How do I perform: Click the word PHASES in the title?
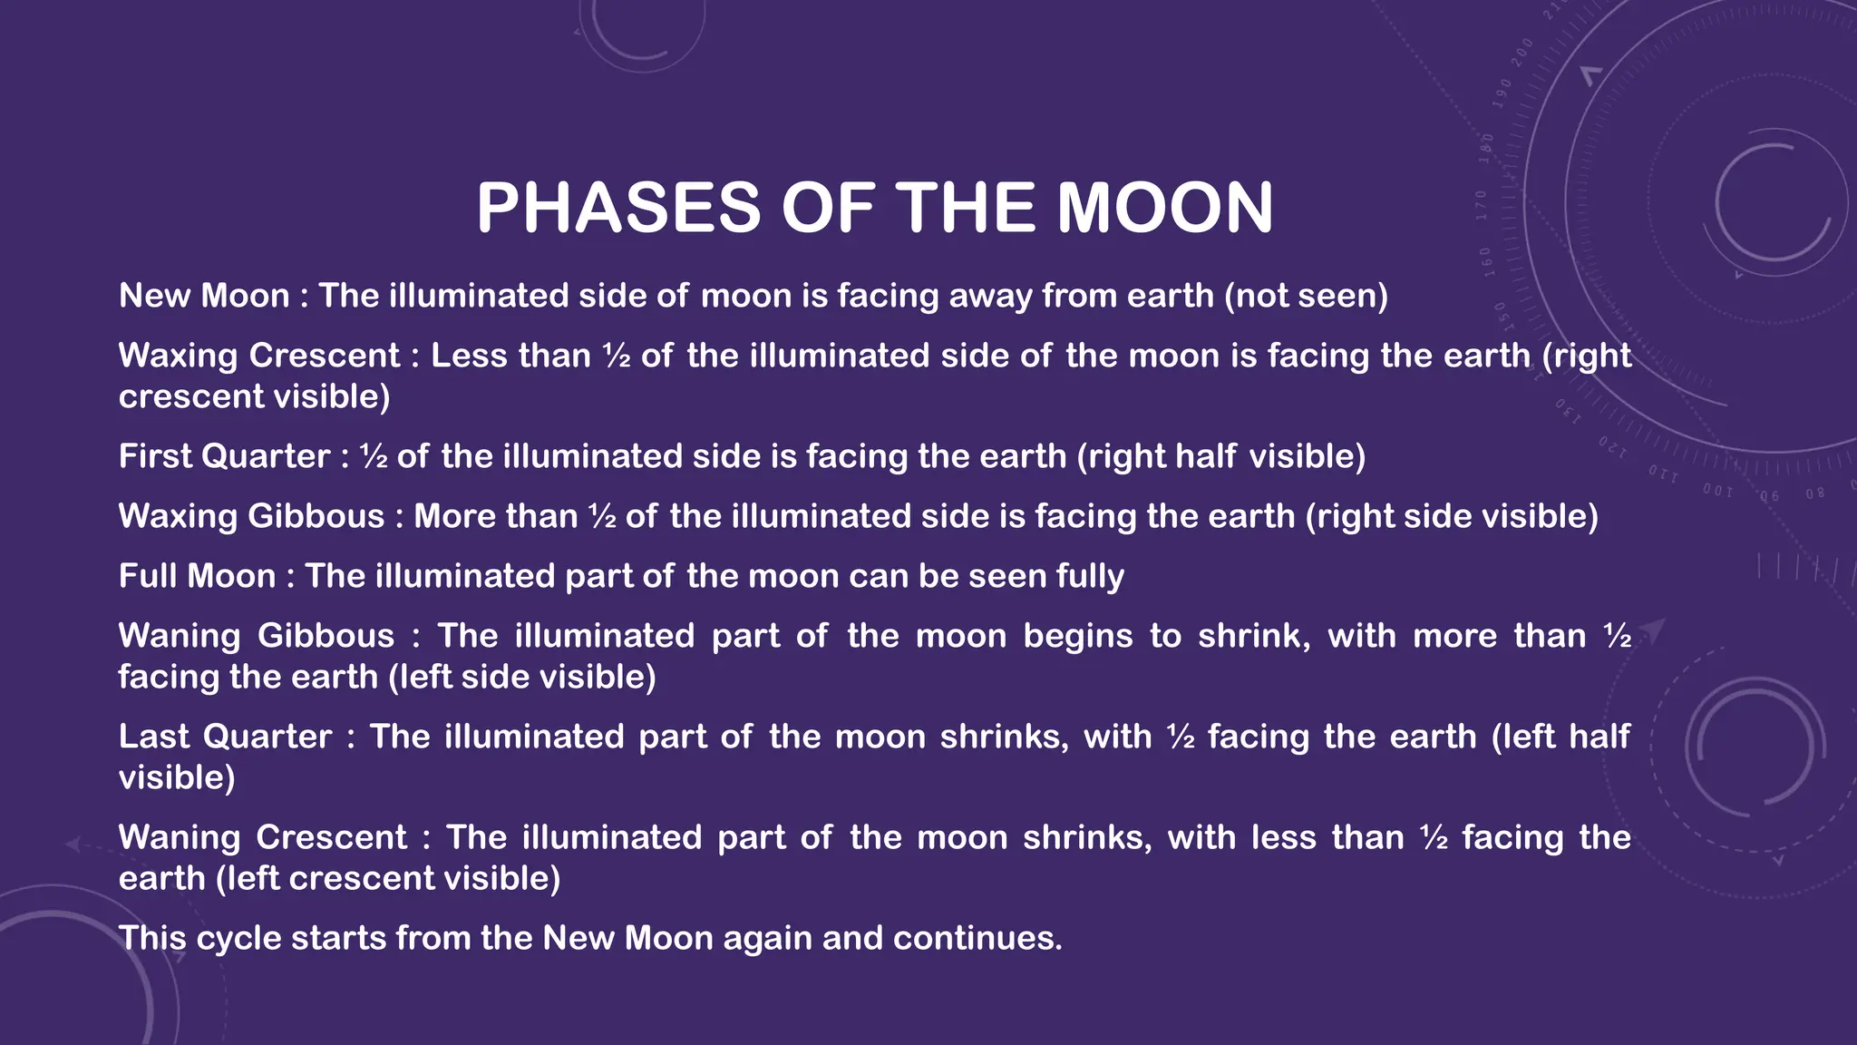click(x=617, y=208)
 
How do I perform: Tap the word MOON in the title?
click(x=1165, y=208)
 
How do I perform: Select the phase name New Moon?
click(x=204, y=296)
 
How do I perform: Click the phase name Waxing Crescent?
click(x=259, y=356)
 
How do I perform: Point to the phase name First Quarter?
click(x=224, y=456)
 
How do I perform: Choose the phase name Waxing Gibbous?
click(x=251, y=516)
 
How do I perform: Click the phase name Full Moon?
click(x=197, y=576)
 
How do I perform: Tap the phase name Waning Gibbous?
click(x=256, y=636)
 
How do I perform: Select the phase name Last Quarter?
click(x=225, y=737)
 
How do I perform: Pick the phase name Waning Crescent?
click(x=263, y=837)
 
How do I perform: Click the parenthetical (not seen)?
click(x=1306, y=296)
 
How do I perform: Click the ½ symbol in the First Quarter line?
click(x=374, y=456)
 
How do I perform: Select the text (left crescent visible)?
click(x=388, y=878)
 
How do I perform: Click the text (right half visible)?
click(x=1220, y=456)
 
